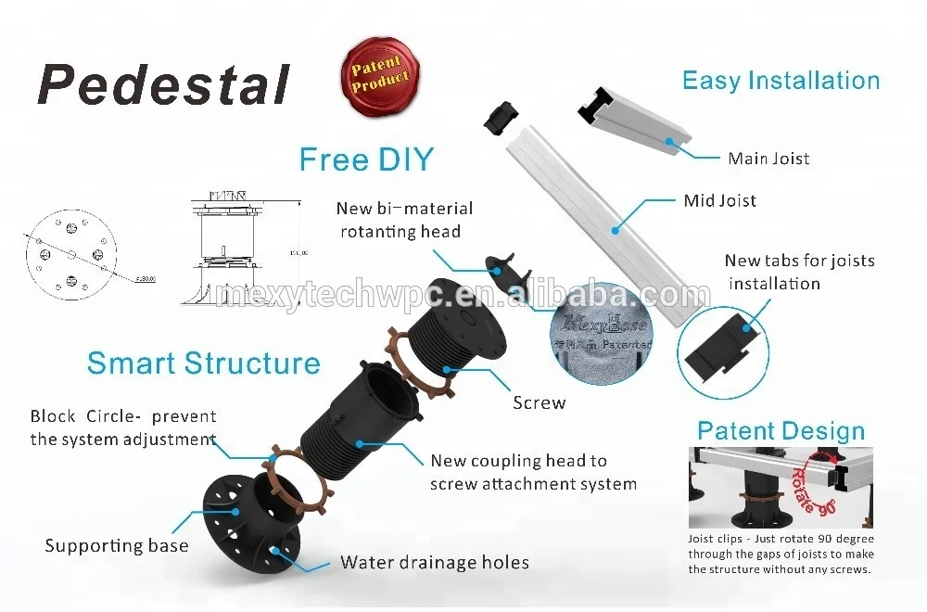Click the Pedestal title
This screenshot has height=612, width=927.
(x=163, y=84)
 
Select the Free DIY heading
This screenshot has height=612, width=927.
(x=366, y=159)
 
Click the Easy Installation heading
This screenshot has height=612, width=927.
(x=781, y=81)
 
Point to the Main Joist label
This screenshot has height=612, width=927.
(x=768, y=159)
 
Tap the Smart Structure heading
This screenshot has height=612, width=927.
(x=203, y=363)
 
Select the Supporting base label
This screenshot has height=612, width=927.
(x=117, y=545)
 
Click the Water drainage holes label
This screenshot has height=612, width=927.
(x=434, y=562)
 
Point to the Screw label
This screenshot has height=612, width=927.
(x=539, y=403)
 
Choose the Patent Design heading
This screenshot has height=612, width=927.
(x=781, y=431)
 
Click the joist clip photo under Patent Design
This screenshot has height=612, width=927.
(x=780, y=488)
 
